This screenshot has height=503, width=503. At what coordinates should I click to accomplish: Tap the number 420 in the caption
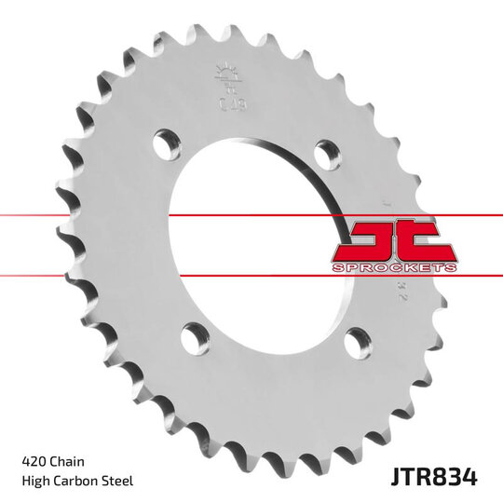pyautogui.click(x=33, y=460)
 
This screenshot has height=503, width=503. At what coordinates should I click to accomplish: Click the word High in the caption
pyautogui.click(x=35, y=481)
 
